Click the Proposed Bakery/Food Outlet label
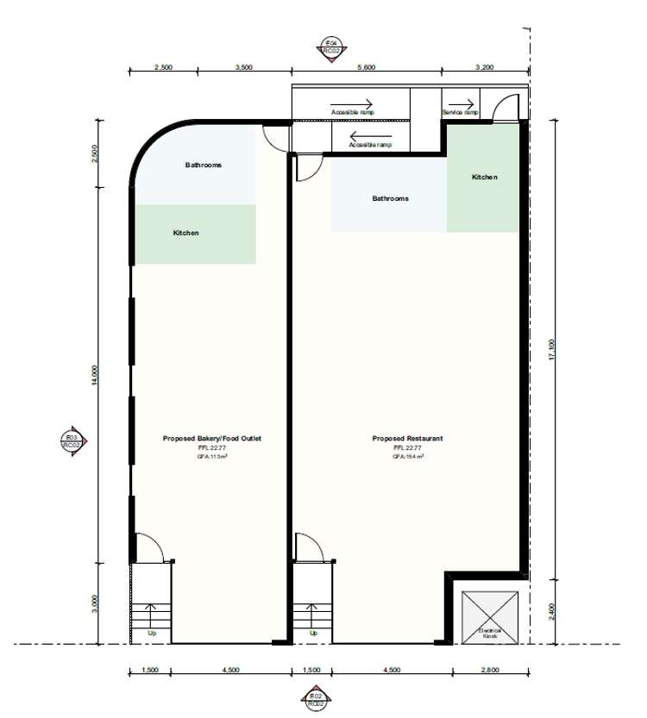pos(211,439)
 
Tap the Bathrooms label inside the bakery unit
pos(204,165)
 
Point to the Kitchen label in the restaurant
pos(484,177)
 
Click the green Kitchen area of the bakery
pos(194,234)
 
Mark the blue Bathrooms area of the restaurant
pos(388,198)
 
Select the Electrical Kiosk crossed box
pos(490,616)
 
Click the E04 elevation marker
pos(329,46)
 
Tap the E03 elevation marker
pos(72,441)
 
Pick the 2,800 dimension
pos(490,670)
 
